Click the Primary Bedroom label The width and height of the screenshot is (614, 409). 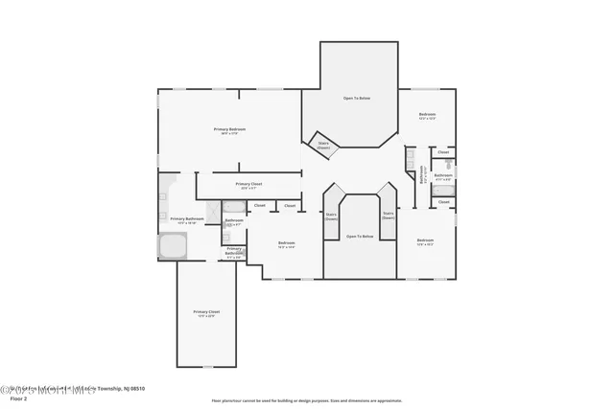coord(230,129)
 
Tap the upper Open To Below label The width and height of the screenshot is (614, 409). coord(358,99)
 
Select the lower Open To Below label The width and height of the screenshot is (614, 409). coord(359,236)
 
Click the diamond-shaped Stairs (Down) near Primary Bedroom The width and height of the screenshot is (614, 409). coord(323,146)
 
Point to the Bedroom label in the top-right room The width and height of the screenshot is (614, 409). coord(427,116)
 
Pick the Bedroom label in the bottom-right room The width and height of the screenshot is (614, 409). coord(425,241)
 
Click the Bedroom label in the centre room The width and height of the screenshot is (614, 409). coord(286,244)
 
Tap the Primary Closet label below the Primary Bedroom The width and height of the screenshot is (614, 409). coord(248,185)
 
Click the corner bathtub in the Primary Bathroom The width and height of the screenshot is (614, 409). coord(173,248)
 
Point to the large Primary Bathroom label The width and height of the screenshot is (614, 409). coord(187,219)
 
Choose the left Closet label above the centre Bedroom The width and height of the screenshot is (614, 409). coord(259,205)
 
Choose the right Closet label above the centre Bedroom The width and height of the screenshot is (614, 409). coord(289,205)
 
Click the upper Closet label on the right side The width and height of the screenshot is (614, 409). coord(442,152)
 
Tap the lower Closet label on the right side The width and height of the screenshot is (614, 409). coord(443,202)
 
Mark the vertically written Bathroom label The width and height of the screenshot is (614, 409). coord(421,175)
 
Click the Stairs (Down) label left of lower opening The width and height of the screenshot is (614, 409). coord(331,217)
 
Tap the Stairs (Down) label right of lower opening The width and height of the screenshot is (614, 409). coord(388,216)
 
